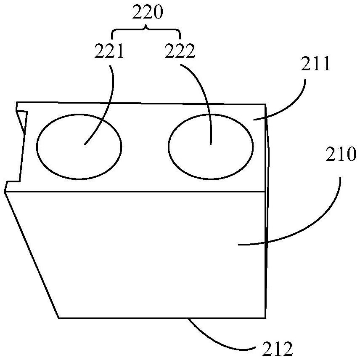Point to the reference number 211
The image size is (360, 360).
(315, 65)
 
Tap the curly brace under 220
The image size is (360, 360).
(146, 30)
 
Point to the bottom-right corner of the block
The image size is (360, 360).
(266, 317)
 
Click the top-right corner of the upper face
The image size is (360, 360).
(266, 104)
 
